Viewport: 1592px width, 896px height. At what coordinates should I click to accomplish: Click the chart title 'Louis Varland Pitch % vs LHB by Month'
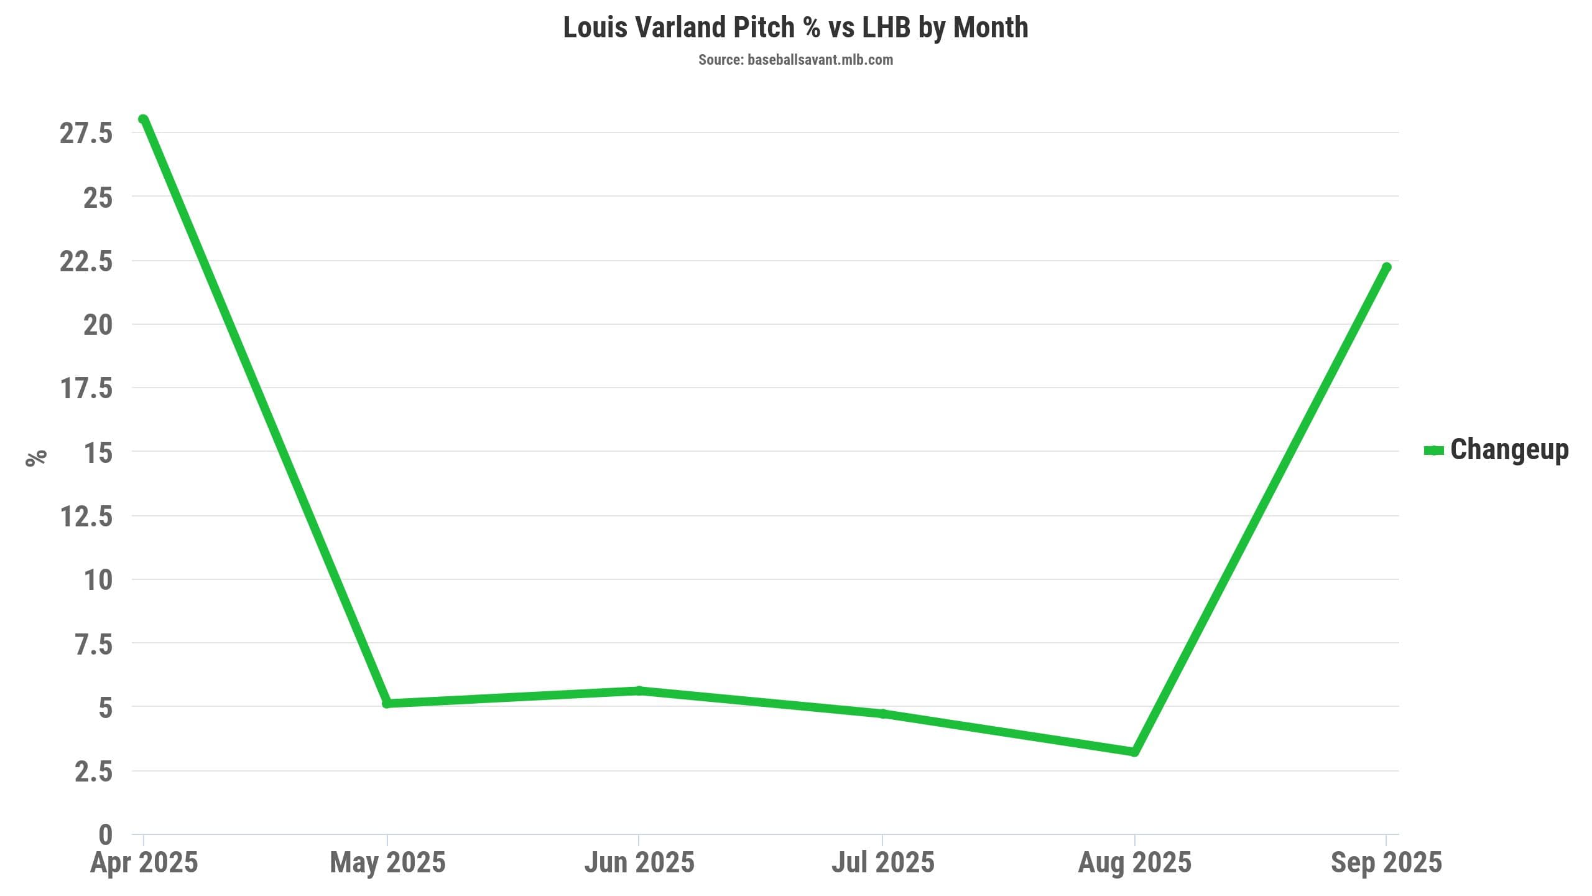click(x=795, y=28)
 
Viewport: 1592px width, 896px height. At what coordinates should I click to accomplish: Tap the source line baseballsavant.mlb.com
click(x=795, y=60)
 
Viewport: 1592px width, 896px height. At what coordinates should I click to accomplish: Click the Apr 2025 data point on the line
click(x=144, y=119)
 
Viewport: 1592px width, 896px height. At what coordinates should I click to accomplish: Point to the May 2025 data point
click(x=387, y=703)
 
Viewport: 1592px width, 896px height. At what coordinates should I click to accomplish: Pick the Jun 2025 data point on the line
click(x=639, y=691)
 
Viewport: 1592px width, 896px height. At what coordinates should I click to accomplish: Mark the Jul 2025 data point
click(x=883, y=714)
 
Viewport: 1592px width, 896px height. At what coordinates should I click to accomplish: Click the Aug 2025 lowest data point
click(x=1134, y=752)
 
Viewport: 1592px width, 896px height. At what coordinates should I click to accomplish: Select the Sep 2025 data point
click(x=1386, y=268)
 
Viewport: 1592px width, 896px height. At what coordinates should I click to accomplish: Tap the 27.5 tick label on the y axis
click(x=86, y=133)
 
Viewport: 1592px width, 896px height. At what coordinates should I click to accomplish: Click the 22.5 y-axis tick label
click(x=86, y=261)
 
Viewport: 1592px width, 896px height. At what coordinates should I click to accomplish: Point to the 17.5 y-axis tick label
click(x=86, y=388)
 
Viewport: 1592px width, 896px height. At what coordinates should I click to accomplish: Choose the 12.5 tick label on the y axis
click(x=86, y=516)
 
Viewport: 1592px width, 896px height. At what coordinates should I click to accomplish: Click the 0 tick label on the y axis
click(x=105, y=835)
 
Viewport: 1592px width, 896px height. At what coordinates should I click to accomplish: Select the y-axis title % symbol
click(x=37, y=457)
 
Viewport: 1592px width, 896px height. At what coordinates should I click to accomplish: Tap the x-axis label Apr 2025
click(x=144, y=863)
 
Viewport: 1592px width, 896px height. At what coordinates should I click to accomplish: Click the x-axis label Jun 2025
click(x=639, y=863)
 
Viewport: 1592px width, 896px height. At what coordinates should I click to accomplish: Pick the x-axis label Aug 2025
click(x=1134, y=863)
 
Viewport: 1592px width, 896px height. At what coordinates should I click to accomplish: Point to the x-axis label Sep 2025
click(x=1386, y=863)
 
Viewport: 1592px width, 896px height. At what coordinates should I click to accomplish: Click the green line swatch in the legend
click(x=1433, y=450)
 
